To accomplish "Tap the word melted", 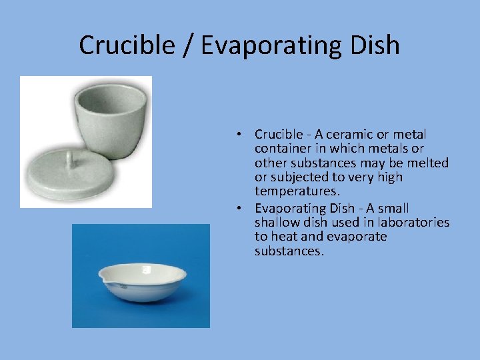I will pos(427,163).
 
